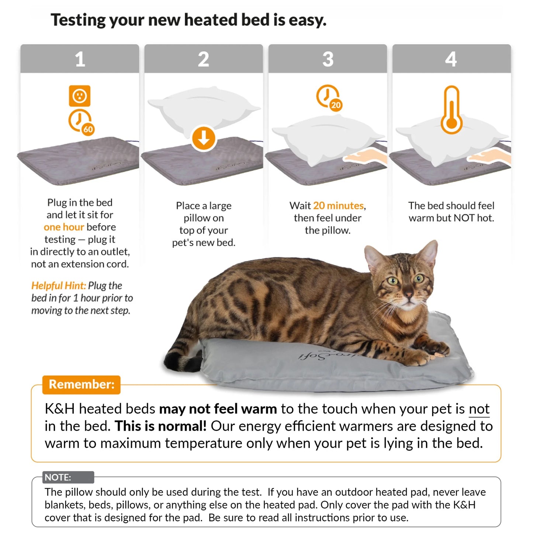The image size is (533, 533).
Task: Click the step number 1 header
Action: coord(80,59)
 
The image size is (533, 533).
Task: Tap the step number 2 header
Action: coord(204,59)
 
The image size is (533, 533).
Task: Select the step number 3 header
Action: coord(328,59)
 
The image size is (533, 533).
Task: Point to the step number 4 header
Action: coord(451,59)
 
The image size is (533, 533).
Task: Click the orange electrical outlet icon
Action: coord(80,96)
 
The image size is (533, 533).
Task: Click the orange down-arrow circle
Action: coord(204,138)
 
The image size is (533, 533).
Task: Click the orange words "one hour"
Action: coord(63,227)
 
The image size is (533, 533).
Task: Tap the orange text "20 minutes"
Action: coord(338,205)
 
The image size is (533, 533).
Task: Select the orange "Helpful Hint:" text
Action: coord(58,285)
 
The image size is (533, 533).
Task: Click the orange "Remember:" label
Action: coord(82,384)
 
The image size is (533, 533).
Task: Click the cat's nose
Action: coord(408,294)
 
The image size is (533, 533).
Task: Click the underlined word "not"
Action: coord(479,409)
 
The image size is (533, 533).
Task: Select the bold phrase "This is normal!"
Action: coord(160,426)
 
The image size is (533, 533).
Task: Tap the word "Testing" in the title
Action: coord(78,20)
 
